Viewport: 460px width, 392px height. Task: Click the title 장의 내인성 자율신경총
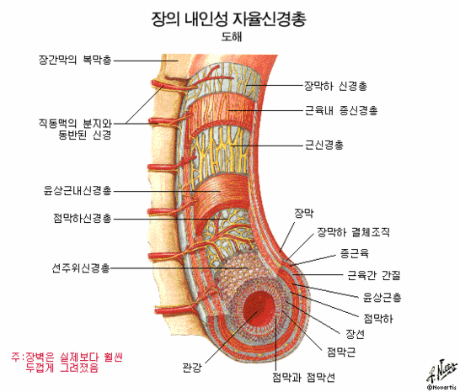229,19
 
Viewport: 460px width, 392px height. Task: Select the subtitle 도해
232,37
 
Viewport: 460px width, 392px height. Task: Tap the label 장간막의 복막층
75,60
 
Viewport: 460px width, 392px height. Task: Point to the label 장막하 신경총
335,86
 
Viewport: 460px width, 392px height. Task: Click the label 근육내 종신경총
341,110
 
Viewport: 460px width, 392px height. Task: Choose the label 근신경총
324,145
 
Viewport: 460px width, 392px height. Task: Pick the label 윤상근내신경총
78,191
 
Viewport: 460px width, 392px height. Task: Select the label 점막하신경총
83,218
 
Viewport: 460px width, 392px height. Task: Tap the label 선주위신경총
81,268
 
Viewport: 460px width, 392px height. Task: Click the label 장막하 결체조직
354,232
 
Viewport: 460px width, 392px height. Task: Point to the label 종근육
355,253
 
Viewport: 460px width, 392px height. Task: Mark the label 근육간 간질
374,275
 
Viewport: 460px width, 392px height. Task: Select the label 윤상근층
382,298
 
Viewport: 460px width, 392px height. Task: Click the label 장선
355,334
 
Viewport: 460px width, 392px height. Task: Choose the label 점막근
341,352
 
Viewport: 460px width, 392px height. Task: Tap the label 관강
192,367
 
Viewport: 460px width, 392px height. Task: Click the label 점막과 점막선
303,378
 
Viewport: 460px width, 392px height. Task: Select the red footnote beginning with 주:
67,362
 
